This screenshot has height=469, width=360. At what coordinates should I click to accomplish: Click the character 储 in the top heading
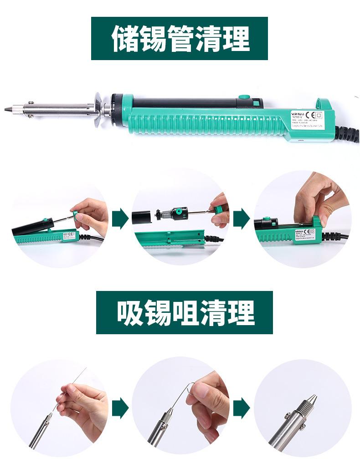coord(125,39)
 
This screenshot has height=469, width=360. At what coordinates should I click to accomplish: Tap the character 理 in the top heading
coord(237,39)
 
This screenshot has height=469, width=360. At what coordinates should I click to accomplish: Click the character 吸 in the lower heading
coord(130,313)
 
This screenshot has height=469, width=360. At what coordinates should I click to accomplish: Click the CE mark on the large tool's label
coord(308,115)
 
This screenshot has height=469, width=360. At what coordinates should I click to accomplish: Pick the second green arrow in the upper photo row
coord(241,219)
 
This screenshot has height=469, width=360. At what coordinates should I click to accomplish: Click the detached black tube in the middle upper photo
coord(144,217)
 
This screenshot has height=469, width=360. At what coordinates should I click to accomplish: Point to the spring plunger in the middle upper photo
coord(166,214)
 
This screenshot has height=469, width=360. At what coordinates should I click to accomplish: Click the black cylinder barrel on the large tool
coord(182,103)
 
